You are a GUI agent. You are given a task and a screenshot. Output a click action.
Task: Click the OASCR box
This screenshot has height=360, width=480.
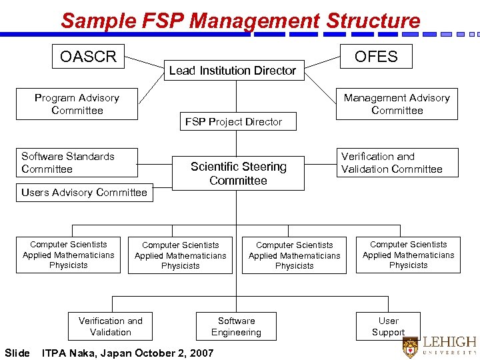pyautogui.click(x=88, y=57)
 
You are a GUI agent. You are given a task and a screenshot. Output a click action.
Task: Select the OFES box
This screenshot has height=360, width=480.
pyautogui.click(x=376, y=57)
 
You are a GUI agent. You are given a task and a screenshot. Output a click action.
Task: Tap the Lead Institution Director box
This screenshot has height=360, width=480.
pyautogui.click(x=233, y=70)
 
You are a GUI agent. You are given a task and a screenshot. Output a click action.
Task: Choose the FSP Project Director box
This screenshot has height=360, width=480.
pyautogui.click(x=233, y=122)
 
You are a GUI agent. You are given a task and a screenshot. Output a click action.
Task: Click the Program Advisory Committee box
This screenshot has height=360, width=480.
pyautogui.click(x=77, y=104)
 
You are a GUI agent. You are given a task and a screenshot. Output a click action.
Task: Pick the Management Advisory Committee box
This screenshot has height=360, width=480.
pyautogui.click(x=397, y=104)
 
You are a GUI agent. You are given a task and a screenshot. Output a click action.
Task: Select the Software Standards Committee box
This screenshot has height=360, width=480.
pyautogui.click(x=77, y=163)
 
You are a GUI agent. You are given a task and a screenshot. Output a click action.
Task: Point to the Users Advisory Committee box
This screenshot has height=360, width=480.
pyautogui.click(x=84, y=193)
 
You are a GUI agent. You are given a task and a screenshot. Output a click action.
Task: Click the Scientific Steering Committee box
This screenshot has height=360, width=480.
pyautogui.click(x=238, y=173)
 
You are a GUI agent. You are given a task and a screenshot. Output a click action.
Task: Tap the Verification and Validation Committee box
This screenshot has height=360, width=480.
pyautogui.click(x=397, y=163)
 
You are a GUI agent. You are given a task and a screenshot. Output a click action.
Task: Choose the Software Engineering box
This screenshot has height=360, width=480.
pyautogui.click(x=236, y=327)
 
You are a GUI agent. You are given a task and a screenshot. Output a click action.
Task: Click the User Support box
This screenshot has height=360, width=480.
pyautogui.click(x=388, y=327)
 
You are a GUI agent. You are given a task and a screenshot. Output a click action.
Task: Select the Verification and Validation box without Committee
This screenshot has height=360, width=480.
pyautogui.click(x=110, y=327)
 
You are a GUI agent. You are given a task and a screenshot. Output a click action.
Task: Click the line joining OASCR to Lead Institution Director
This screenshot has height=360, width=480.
pyautogui.click(x=145, y=62)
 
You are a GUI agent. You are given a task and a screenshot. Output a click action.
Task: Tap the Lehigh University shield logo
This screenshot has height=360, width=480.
pyautogui.click(x=411, y=347)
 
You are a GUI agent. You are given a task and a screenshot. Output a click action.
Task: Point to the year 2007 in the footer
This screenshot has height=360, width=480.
pyautogui.click(x=201, y=353)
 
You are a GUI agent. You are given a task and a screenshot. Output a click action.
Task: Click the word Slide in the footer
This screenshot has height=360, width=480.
pyautogui.click(x=17, y=353)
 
